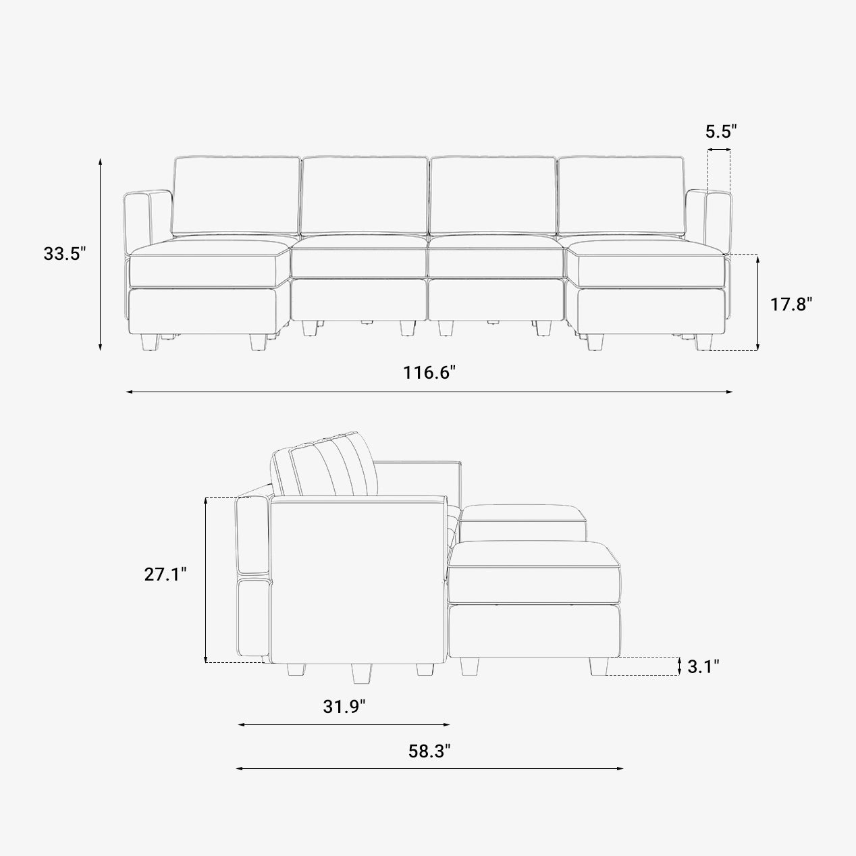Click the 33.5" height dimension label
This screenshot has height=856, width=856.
tap(64, 254)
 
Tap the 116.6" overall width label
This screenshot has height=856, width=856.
tap(429, 372)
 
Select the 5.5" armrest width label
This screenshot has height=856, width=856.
tap(721, 131)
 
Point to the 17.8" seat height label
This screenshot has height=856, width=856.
tap(791, 304)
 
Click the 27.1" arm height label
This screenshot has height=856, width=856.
tap(165, 574)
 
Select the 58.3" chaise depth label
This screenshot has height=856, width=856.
tap(429, 751)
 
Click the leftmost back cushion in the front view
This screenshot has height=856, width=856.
tap(236, 196)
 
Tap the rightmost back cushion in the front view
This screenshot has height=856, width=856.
tap(621, 196)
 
